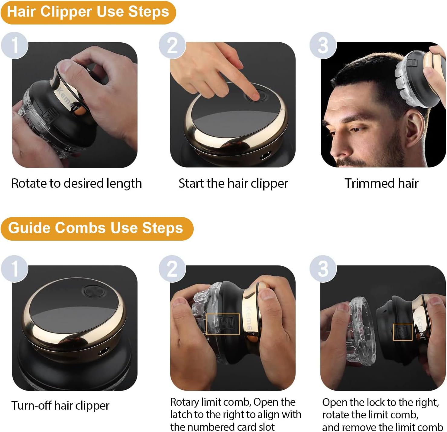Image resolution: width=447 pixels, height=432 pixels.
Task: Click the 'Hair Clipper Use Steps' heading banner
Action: [x=88, y=13]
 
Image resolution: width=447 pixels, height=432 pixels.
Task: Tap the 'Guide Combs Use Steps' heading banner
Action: [x=97, y=229]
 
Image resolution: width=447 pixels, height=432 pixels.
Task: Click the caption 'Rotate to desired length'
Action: [x=76, y=184]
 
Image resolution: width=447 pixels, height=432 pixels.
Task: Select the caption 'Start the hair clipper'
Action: [x=233, y=184]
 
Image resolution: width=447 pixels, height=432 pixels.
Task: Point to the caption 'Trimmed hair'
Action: [x=381, y=183]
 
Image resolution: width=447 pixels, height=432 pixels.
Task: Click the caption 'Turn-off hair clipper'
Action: [x=60, y=406]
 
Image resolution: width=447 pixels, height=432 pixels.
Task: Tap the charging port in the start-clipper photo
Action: [x=266, y=156]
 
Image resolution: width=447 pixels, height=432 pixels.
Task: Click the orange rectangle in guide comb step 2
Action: [x=223, y=324]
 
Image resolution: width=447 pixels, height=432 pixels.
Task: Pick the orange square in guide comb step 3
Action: [x=403, y=332]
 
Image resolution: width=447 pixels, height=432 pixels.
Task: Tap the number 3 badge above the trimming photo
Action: [x=323, y=45]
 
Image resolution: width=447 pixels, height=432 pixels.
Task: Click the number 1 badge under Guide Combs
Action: [x=15, y=269]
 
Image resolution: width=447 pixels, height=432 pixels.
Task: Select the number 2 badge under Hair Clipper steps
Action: [x=172, y=45]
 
